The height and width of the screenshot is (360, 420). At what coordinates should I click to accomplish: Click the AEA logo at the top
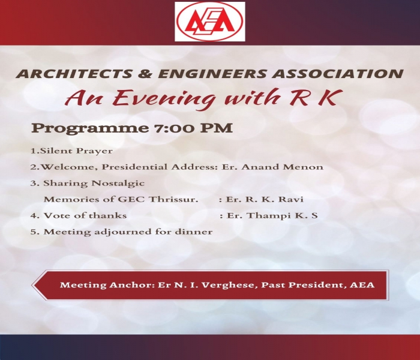pos(210,22)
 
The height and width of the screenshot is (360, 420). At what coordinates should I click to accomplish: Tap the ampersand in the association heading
pos(145,74)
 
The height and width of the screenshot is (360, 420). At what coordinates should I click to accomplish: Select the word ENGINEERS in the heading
pos(212,74)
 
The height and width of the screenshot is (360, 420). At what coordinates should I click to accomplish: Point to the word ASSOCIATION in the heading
pos(338,74)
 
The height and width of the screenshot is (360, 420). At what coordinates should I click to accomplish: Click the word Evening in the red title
pos(164,98)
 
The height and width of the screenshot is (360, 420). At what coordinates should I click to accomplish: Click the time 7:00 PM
pos(193,128)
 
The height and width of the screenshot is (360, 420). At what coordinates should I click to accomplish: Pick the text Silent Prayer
pos(76,151)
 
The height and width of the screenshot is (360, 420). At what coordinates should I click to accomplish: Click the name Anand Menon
pos(283,167)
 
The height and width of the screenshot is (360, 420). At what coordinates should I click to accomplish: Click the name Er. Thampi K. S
pos(272,216)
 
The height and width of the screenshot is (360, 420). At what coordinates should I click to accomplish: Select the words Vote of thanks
pos(85,215)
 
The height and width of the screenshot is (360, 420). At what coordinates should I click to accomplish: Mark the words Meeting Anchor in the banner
pos(107,285)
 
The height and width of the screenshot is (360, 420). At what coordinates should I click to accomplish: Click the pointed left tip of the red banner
pos(32,285)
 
